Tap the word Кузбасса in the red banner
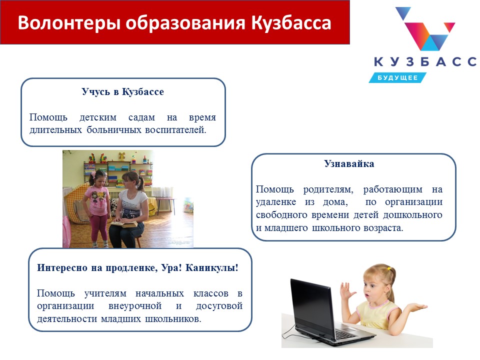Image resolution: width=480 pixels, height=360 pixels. [x=291, y=23]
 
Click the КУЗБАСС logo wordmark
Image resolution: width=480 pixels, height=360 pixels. [x=425, y=61]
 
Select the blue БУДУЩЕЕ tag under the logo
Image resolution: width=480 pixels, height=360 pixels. [x=397, y=78]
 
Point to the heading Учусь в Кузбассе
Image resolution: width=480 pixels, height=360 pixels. [x=123, y=91]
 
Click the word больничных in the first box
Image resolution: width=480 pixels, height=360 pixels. [x=113, y=130]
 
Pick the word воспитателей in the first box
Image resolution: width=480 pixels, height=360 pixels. [x=175, y=130]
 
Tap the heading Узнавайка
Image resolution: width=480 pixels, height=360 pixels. [x=349, y=163]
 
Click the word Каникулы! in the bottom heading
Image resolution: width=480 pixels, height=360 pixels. [x=212, y=268]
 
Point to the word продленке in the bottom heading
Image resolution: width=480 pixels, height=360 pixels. [x=131, y=268]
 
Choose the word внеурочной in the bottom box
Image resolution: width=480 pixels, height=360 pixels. [x=135, y=306]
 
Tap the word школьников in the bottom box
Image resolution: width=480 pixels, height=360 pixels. [x=173, y=318]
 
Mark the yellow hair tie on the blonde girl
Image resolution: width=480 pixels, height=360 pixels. [x=389, y=268]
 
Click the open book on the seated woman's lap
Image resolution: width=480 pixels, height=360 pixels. [x=124, y=224]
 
